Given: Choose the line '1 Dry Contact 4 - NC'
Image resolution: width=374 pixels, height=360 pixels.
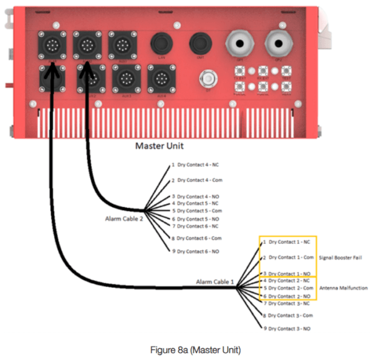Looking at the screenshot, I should coord(195,165).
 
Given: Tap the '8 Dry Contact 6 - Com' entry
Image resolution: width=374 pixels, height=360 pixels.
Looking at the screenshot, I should coord(198,238).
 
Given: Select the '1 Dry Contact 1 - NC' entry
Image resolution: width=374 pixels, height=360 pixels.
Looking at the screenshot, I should coord(286,241).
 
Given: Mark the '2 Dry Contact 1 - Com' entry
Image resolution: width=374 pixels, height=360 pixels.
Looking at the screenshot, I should coord(288,257).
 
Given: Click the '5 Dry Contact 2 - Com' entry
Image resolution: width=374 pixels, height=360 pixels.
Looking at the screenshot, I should coord(289,288).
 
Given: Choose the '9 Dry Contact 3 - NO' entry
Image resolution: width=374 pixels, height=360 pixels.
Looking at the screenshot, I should coord(287,328).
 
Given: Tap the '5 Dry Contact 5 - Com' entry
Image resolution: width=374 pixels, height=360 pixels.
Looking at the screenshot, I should coord(198,211).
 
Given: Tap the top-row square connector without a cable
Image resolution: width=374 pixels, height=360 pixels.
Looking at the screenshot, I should coord(119,45).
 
